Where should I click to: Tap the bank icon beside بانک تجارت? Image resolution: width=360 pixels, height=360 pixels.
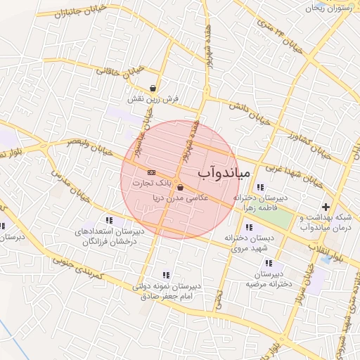(151, 172)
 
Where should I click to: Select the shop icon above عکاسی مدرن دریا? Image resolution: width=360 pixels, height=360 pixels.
(181, 187)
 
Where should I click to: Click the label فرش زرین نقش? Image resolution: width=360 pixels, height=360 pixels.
(146, 99)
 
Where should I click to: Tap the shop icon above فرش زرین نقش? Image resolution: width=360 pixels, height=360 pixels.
(153, 88)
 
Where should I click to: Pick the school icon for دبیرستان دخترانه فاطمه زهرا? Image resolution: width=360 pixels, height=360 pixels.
(261, 187)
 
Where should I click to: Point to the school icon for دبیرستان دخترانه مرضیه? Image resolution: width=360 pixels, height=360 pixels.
(268, 263)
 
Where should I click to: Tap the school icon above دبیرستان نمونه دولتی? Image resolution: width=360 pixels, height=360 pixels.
(166, 275)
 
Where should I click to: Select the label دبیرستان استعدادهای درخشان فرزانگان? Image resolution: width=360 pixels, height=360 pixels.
(109, 236)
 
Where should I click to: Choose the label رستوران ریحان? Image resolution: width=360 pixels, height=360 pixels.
(333, 7)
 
